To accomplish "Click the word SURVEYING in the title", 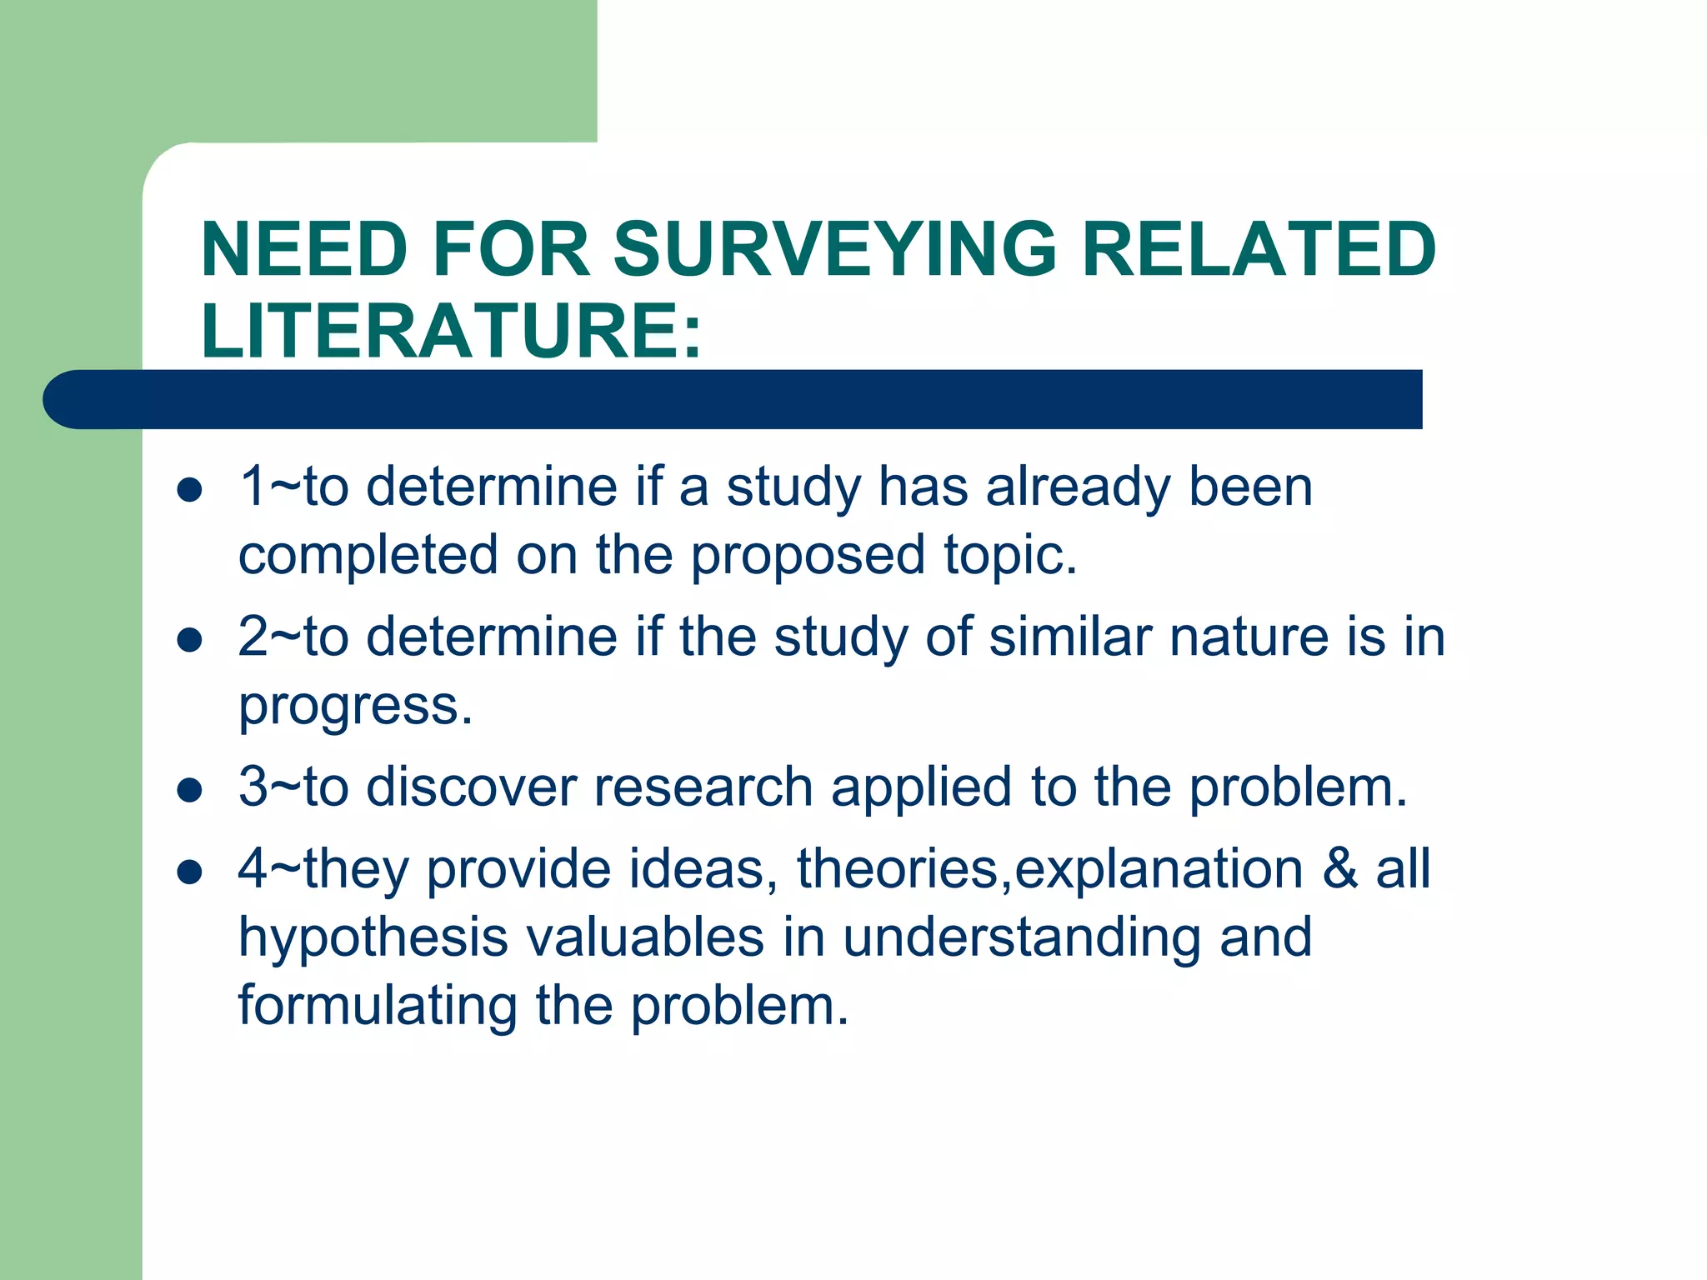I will click(835, 250).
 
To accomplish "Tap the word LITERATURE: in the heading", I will click(451, 331).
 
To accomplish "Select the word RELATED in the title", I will click(1259, 250).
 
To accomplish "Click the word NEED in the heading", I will click(304, 250).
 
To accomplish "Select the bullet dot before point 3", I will click(190, 790).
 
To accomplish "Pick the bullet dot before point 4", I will click(190, 872).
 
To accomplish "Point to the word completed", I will click(368, 556).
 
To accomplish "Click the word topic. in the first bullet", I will click(1010, 556).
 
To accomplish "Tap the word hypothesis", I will click(373, 937).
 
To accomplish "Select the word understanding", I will click(1022, 937).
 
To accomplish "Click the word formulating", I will click(377, 1006).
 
